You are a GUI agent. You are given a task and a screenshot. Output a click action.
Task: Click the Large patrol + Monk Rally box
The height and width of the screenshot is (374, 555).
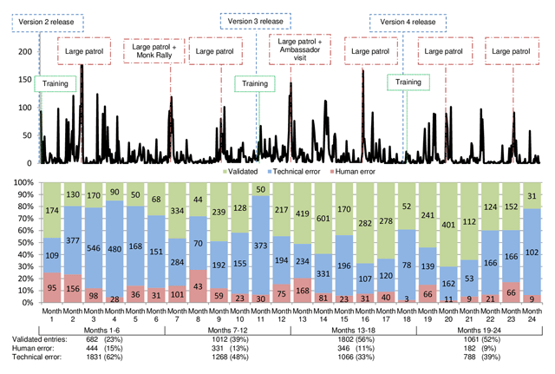click(x=156, y=51)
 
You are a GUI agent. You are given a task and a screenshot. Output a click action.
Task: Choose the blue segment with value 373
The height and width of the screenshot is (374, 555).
click(x=260, y=248)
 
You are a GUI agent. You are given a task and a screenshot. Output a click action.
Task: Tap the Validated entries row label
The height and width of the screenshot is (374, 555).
click(x=33, y=338)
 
